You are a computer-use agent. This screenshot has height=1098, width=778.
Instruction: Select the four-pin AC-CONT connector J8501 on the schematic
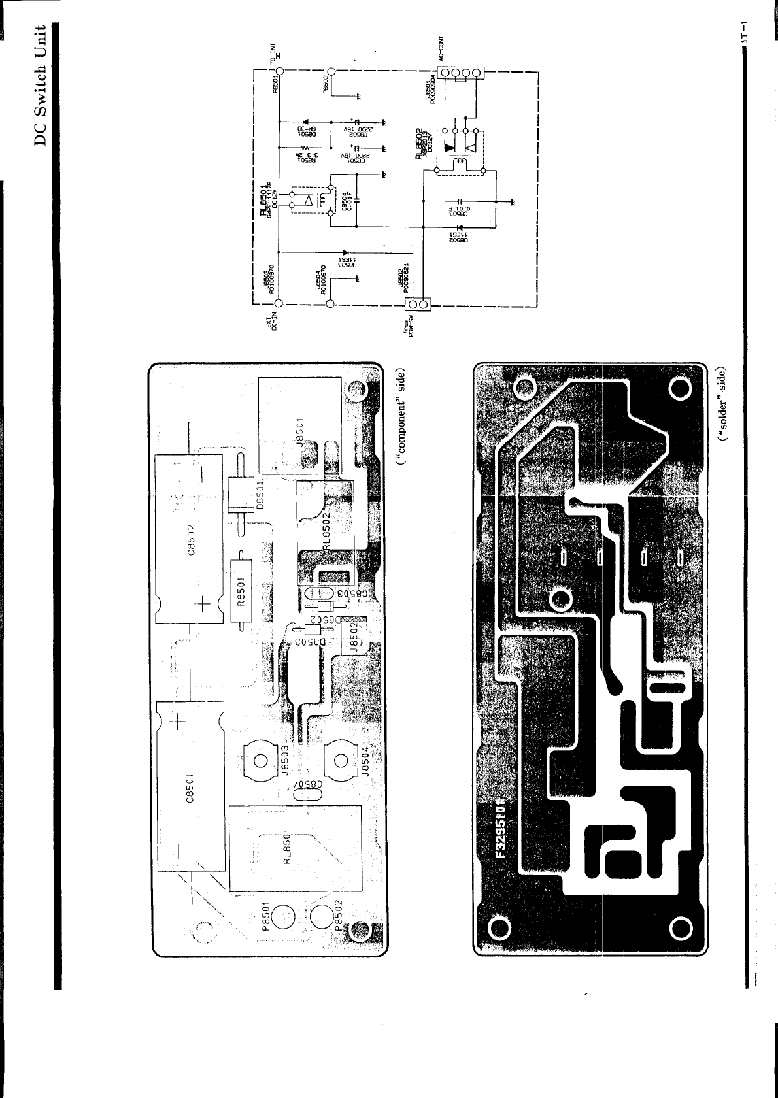click(x=461, y=73)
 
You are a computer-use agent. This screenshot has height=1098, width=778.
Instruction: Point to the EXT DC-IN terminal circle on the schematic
click(x=279, y=303)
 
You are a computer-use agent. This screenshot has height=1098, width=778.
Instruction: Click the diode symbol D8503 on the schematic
click(x=344, y=252)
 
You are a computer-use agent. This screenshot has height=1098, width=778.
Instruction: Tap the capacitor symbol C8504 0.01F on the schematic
click(x=356, y=201)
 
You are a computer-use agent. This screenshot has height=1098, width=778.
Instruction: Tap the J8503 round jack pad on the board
click(x=260, y=760)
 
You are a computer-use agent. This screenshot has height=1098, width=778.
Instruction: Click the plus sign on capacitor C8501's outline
click(x=178, y=722)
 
